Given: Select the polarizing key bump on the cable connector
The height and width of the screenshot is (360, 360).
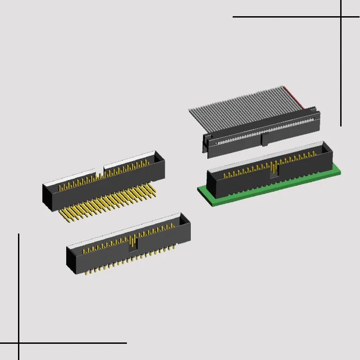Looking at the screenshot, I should click(x=264, y=139).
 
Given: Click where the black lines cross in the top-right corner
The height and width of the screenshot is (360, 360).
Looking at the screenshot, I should click(x=341, y=17).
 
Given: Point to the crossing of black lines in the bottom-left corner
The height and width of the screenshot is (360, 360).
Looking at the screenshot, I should click(x=18, y=343).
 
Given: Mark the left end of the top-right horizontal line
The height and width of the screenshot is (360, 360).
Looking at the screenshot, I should click(x=233, y=17).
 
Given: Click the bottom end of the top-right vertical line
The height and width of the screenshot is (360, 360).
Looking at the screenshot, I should click(x=341, y=126).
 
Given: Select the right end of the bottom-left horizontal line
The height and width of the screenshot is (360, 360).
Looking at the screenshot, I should click(x=126, y=343).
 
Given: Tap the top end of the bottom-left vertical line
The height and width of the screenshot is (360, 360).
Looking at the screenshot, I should click(x=18, y=234).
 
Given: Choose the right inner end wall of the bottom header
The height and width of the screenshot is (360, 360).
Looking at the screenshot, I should click(x=184, y=220).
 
